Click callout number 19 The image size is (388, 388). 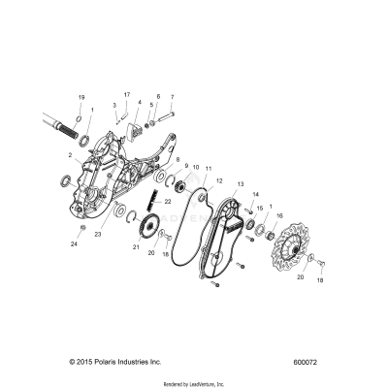point(81,98)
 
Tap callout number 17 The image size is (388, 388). point(127,94)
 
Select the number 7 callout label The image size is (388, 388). point(172,97)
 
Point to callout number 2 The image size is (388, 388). point(71,155)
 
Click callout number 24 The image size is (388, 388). point(75,244)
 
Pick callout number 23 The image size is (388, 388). point(99,234)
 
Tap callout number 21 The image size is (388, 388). point(136,248)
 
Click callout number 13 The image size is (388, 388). point(240,183)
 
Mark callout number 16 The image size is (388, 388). point(279,216)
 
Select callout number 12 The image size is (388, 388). point(220,180)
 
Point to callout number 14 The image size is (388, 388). point(256,195)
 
